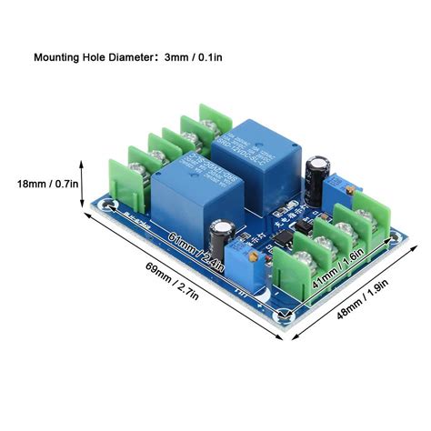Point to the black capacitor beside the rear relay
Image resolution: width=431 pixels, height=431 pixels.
pyautogui.click(x=316, y=179)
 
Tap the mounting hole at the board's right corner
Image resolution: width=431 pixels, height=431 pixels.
pyautogui.click(x=394, y=239)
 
